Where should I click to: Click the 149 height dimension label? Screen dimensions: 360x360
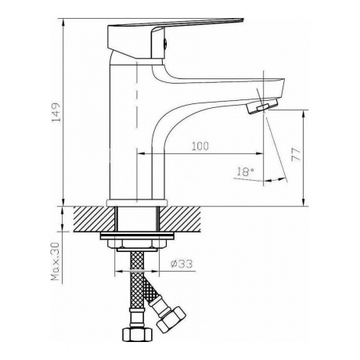coord(56,112)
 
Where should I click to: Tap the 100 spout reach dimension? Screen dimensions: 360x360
coord(200,146)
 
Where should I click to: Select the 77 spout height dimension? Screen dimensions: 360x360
coord(296,155)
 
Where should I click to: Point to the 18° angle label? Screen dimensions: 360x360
coord(245,172)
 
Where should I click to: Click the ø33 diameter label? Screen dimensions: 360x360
coord(182,264)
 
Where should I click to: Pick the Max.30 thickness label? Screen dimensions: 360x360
coord(56,261)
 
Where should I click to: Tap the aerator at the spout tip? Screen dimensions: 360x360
coord(262,106)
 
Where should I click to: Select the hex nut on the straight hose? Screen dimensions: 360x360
coord(137,334)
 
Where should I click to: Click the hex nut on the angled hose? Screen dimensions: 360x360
coord(171,320)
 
